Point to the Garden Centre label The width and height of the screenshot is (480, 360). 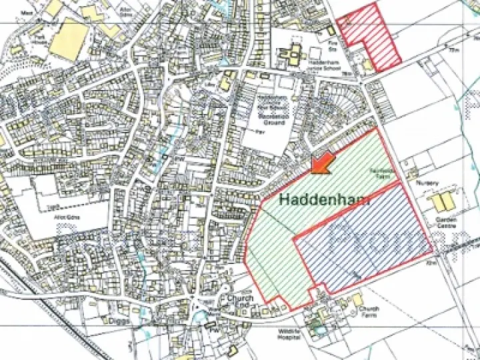[x=446, y=221]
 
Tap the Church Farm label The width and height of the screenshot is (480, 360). [x=369, y=313]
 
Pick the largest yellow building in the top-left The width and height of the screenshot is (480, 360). [x=69, y=39]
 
